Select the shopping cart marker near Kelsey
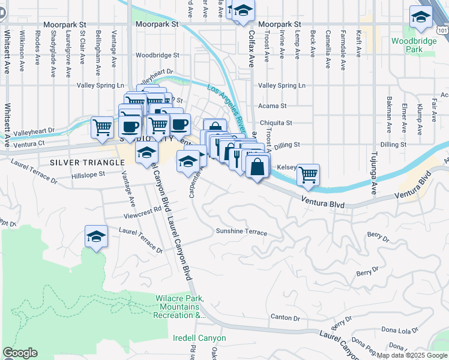(308, 175)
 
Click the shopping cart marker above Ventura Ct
(103, 127)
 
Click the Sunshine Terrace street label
(241, 232)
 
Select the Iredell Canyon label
(200, 338)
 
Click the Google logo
(20, 353)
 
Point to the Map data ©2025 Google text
(412, 355)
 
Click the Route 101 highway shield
(443, 28)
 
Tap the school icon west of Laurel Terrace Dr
(95, 236)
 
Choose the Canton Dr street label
(285, 317)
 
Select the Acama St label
(273, 106)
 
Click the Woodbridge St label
(157, 55)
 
